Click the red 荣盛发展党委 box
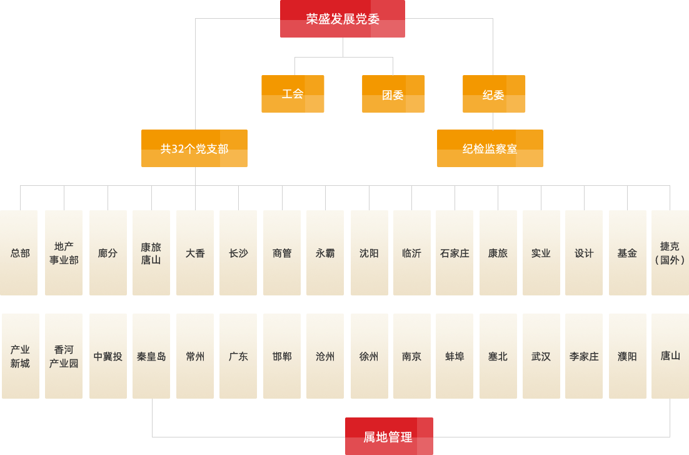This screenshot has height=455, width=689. pyautogui.click(x=343, y=19)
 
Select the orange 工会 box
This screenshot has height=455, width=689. pyautogui.click(x=293, y=94)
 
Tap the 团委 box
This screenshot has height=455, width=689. pyautogui.click(x=393, y=95)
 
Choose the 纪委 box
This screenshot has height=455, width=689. pyautogui.click(x=494, y=95)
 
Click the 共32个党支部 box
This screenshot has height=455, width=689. pyautogui.click(x=194, y=148)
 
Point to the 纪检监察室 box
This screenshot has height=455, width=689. pyautogui.click(x=490, y=148)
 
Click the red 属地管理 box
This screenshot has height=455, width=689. pyautogui.click(x=389, y=436)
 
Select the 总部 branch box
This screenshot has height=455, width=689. pyautogui.click(x=19, y=253)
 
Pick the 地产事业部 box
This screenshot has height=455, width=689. pyautogui.click(x=64, y=253)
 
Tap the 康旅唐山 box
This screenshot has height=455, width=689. pyautogui.click(x=151, y=253)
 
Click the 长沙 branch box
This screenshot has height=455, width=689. pyautogui.click(x=238, y=253)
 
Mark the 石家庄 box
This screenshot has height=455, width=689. pyautogui.click(x=455, y=253)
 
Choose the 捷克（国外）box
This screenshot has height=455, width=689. pyautogui.click(x=670, y=253)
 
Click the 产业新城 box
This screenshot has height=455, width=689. pyautogui.click(x=20, y=356)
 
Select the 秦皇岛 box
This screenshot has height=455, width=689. pyautogui.click(x=151, y=356)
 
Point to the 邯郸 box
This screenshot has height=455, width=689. pyautogui.click(x=282, y=356)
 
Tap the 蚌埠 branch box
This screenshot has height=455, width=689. pyautogui.click(x=455, y=356)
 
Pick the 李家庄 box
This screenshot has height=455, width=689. pyautogui.click(x=584, y=356)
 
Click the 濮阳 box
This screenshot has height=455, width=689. pyautogui.click(x=627, y=356)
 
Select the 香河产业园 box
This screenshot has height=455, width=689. pyautogui.click(x=64, y=356)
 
